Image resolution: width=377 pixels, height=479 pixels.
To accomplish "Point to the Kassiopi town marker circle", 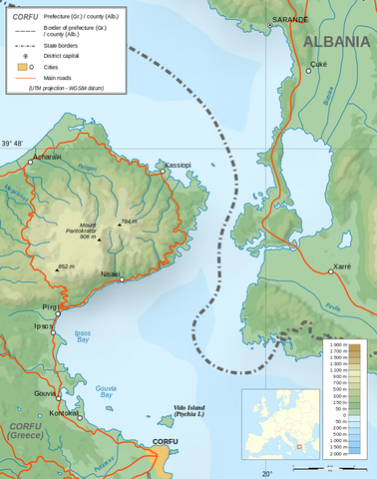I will (x=163, y=172).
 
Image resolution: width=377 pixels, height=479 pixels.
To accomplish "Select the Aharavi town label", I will (x=47, y=158).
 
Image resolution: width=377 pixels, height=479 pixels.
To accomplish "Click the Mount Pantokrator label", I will (x=88, y=233).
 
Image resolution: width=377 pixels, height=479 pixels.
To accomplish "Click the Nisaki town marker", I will (x=122, y=279).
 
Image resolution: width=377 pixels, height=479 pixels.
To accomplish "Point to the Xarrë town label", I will (x=340, y=269).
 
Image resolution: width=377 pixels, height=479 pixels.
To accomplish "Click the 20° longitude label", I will (x=266, y=473).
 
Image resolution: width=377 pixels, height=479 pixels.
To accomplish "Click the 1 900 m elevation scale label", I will (x=337, y=344).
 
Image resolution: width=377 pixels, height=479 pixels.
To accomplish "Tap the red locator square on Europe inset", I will (x=298, y=446).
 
